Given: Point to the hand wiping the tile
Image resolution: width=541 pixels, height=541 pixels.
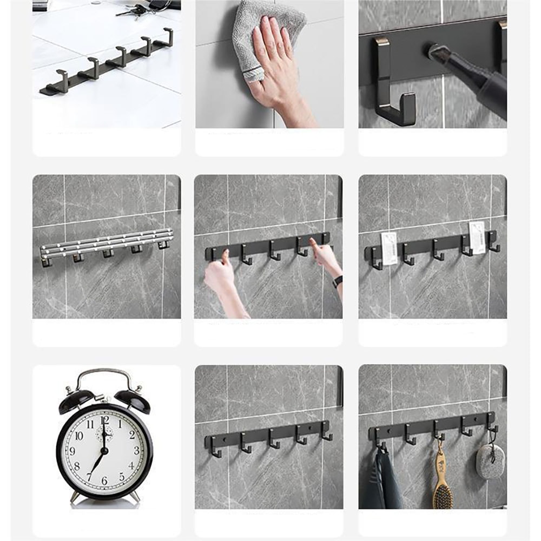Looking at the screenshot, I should (x=276, y=70).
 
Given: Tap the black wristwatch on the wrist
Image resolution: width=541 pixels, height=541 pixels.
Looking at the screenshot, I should (x=338, y=281).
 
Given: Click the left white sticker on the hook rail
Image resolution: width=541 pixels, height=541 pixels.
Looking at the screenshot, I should (x=389, y=248).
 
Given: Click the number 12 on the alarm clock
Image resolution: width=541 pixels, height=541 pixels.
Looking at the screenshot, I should (x=105, y=420).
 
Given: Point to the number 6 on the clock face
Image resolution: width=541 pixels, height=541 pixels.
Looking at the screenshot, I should (x=104, y=480).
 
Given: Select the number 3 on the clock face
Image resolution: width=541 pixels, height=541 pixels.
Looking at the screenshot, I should (x=135, y=450).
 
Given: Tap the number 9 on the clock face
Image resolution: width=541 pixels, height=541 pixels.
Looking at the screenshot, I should (x=74, y=451).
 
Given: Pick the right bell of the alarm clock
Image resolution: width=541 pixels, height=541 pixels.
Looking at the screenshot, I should (x=132, y=399).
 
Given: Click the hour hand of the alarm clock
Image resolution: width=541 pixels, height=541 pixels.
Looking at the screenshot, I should (x=104, y=437).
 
